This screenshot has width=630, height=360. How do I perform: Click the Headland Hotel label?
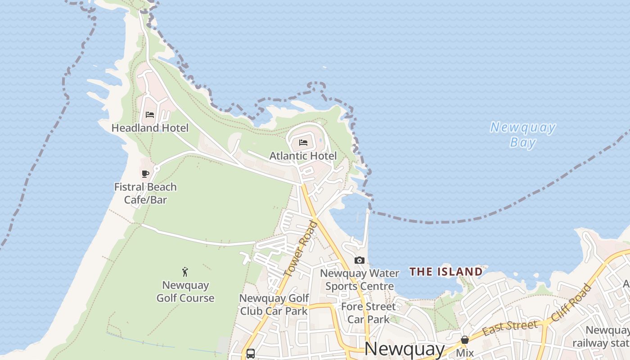click(x=150, y=128)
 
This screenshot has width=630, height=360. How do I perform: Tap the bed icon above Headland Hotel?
click(x=150, y=115)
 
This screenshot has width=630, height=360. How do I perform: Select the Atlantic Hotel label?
click(x=303, y=156)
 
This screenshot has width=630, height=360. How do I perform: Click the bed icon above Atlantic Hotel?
click(x=303, y=143)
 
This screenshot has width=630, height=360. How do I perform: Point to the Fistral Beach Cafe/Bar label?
click(x=145, y=193)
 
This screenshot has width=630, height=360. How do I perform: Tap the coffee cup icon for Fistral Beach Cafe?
click(x=145, y=174)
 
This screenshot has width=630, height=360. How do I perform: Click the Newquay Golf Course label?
click(x=185, y=292)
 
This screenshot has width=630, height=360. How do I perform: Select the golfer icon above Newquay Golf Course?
click(x=185, y=272)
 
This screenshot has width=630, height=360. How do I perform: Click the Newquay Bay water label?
click(x=523, y=135)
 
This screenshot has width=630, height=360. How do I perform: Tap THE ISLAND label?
click(x=446, y=271)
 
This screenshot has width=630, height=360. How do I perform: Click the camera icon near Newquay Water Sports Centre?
click(x=359, y=260)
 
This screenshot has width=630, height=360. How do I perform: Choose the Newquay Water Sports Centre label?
click(x=360, y=279)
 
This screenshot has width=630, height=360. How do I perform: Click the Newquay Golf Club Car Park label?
click(x=274, y=305)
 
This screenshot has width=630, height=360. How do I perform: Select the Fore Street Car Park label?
click(x=369, y=313)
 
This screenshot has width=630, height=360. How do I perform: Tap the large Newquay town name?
click(x=404, y=349)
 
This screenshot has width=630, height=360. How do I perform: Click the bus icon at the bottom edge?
click(x=251, y=353)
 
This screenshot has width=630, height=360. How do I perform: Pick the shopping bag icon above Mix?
click(x=465, y=340)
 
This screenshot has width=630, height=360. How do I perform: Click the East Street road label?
click(x=510, y=328)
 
